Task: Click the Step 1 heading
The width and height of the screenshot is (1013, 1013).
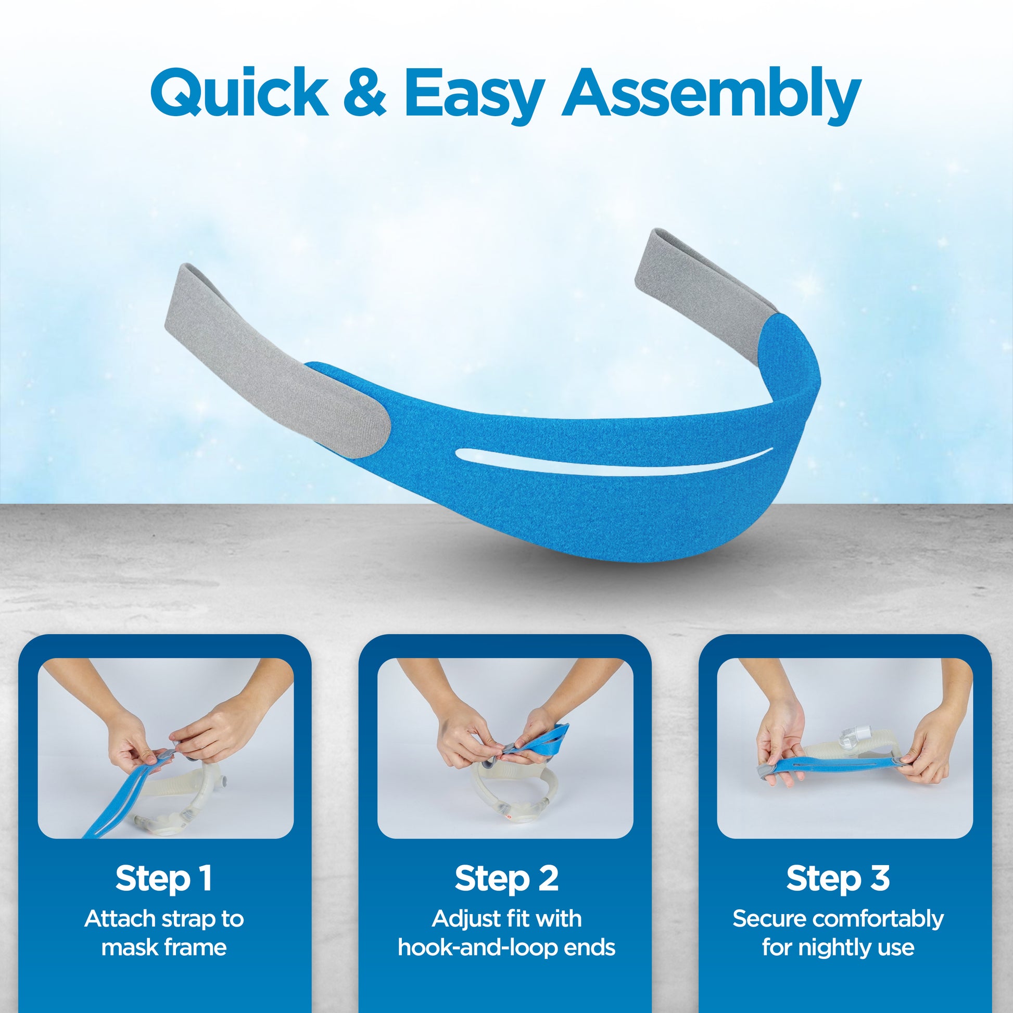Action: coord(163,878)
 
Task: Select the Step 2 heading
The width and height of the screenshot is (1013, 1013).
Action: coord(507,878)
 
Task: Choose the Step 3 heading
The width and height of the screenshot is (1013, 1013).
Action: coord(838,878)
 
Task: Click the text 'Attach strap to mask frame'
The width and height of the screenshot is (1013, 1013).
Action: coord(164,933)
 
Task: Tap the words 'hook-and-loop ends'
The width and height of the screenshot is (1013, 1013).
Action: coord(507,947)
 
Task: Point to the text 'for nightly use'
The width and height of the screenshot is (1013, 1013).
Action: coord(838,947)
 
